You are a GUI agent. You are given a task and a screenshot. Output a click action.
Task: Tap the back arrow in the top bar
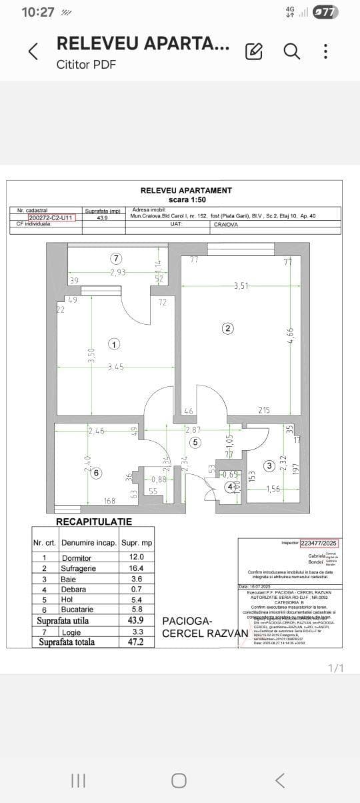tap(33, 51)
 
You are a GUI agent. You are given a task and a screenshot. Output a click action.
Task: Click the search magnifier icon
tap(291, 51)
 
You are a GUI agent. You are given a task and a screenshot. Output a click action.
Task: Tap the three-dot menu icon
tap(325, 51)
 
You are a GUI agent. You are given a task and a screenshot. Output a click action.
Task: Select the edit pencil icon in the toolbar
tap(254, 51)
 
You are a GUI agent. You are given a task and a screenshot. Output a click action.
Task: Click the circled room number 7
tap(116, 258)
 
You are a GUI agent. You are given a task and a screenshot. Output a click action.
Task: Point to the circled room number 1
tap(114, 344)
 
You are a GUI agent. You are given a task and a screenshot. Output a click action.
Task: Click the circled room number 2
tap(228, 328)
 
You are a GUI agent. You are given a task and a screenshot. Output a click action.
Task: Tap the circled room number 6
tap(97, 473)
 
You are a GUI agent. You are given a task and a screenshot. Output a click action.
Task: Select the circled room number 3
tap(269, 466)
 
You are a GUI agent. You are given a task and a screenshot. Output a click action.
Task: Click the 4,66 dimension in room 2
tap(290, 331)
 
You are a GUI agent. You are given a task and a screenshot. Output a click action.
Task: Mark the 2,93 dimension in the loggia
tap(118, 272)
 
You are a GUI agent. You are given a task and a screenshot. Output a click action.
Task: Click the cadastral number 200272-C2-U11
tap(52, 217)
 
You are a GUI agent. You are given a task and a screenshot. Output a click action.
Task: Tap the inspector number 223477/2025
tap(321, 543)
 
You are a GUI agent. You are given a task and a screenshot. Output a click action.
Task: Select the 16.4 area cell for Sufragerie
tap(136, 568)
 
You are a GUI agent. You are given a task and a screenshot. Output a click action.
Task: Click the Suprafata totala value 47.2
tap(136, 642)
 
